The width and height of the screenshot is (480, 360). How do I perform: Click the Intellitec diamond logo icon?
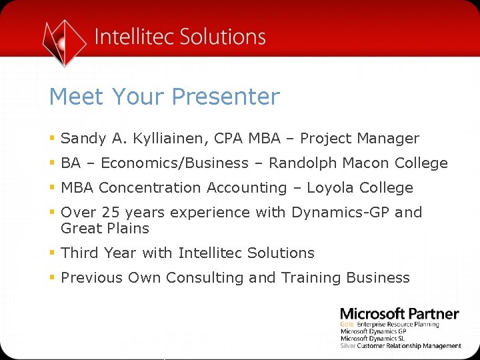pyautogui.click(x=64, y=41)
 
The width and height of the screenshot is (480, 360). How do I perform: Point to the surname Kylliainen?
pyautogui.click(x=169, y=139)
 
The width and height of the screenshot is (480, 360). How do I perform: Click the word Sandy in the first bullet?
pyautogui.click(x=83, y=139)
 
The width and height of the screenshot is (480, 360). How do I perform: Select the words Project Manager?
pyautogui.click(x=359, y=139)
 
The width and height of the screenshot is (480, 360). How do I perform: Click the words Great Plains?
pyautogui.click(x=105, y=229)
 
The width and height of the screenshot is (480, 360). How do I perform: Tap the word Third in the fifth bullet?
pyautogui.click(x=80, y=253)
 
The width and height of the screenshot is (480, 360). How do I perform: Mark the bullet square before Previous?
pyautogui.click(x=52, y=278)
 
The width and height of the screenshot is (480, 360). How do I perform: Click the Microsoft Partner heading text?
pyautogui.click(x=399, y=314)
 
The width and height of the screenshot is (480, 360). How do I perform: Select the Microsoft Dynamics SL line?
pyautogui.click(x=373, y=339)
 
